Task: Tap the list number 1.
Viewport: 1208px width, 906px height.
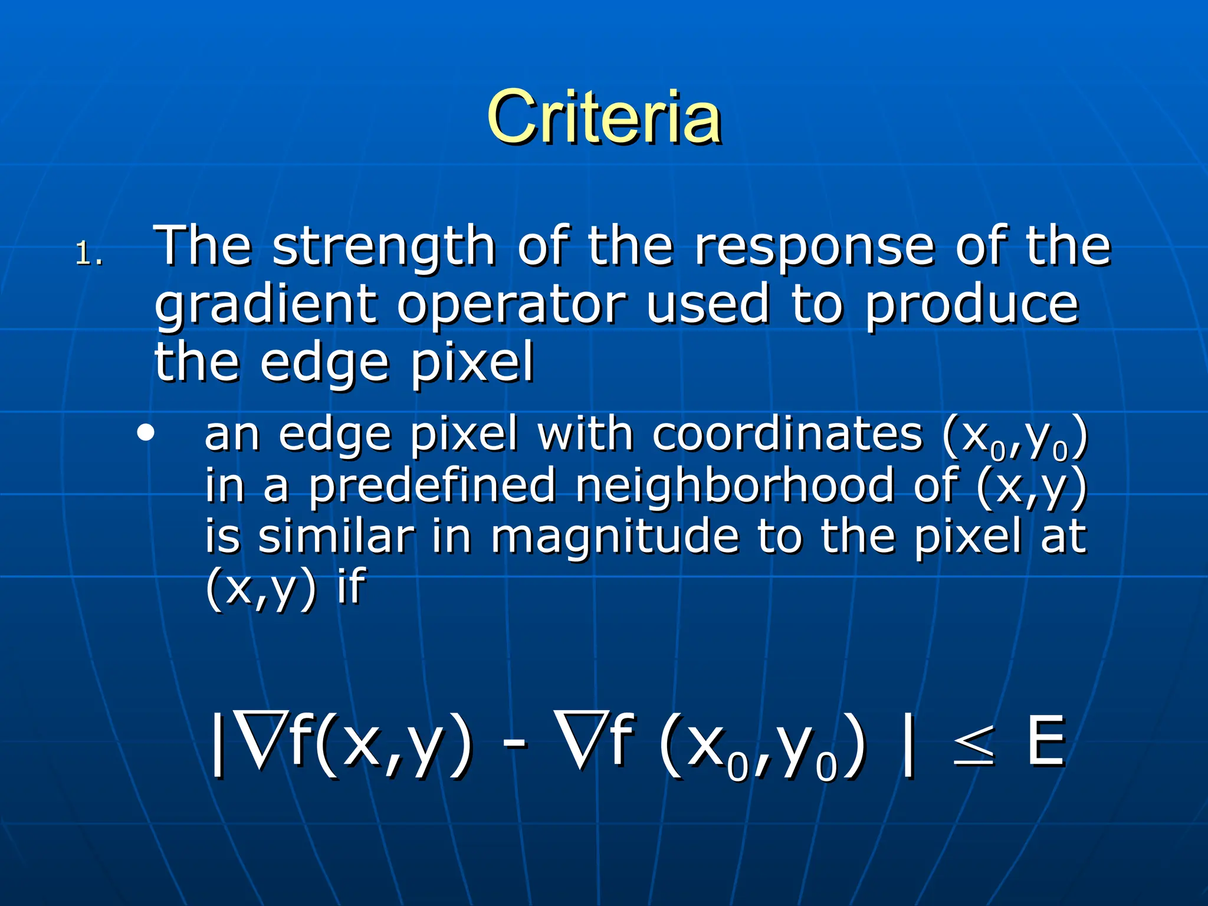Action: tap(89, 254)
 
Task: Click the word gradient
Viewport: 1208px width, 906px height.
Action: tap(265, 307)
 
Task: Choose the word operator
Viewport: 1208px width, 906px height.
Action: tap(511, 307)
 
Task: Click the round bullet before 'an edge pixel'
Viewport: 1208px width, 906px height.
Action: tap(145, 434)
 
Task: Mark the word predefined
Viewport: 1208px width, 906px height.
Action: tap(432, 487)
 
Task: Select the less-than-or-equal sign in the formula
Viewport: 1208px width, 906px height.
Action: tap(974, 744)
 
